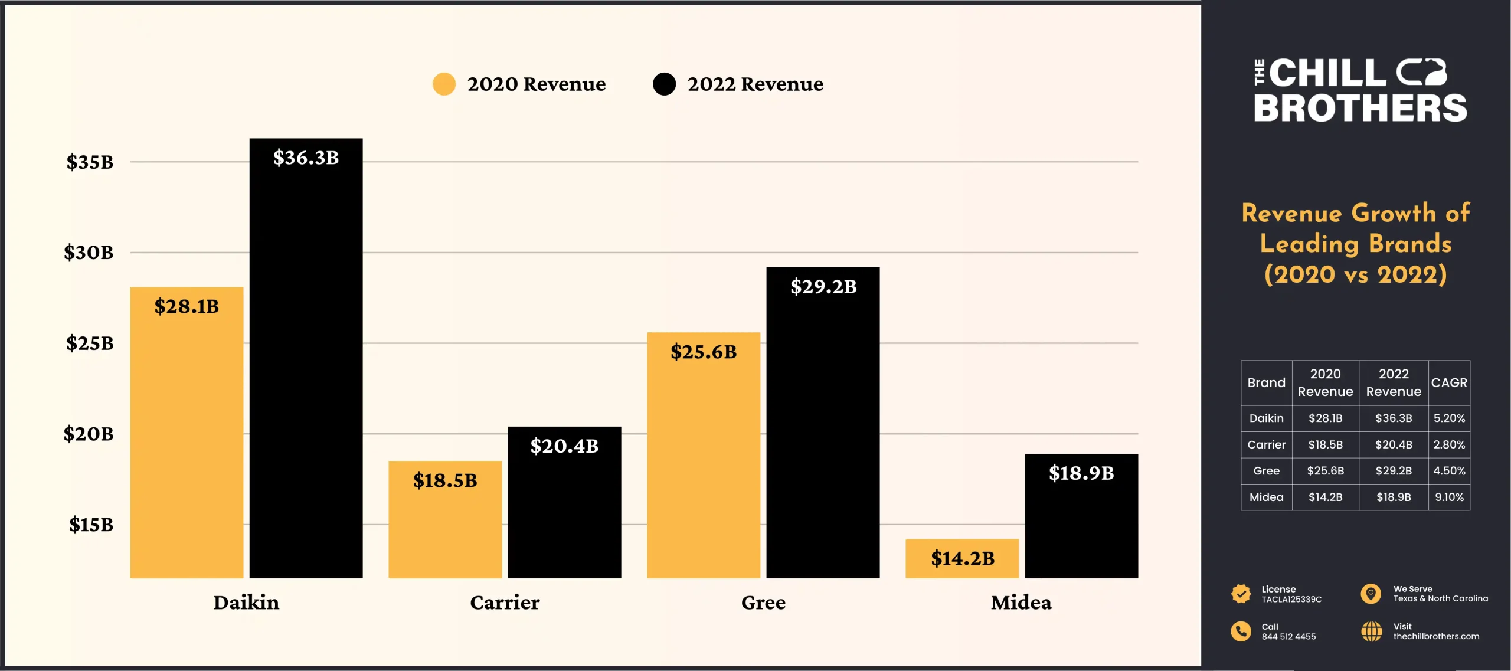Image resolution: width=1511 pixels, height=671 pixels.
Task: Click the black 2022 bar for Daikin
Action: pos(306,366)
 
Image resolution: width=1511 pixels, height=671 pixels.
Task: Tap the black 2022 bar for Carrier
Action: pos(564,508)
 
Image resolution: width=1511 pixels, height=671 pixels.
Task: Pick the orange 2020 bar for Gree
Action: pos(704,460)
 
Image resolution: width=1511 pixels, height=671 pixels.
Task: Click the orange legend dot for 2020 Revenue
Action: pos(444,84)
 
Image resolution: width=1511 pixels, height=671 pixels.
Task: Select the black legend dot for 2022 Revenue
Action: pos(664,84)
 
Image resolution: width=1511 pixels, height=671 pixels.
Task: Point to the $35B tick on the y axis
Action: pos(90,162)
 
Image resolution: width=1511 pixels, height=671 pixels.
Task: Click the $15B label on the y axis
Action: pos(91,525)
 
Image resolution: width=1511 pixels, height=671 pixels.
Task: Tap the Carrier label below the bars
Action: pos(505,603)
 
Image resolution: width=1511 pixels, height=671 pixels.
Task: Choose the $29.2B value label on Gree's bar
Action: pos(823,287)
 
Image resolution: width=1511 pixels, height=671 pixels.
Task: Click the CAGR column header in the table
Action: pos(1449,383)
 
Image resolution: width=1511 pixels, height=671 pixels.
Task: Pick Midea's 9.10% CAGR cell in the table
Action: pos(1449,497)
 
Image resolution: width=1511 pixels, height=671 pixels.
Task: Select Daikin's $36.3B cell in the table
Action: pos(1394,418)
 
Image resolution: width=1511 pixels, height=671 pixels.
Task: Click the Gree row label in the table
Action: pos(1266,471)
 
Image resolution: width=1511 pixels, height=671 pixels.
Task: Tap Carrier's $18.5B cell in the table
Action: pos(1325,445)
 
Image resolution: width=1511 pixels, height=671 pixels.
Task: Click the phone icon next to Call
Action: pos(1241,631)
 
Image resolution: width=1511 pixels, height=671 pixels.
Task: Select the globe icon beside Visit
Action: pos(1371,631)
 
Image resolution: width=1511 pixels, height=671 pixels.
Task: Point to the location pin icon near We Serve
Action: pos(1371,593)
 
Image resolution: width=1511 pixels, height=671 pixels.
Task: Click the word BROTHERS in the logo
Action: pos(1360,109)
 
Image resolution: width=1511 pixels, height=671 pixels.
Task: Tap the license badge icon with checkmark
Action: pos(1241,594)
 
